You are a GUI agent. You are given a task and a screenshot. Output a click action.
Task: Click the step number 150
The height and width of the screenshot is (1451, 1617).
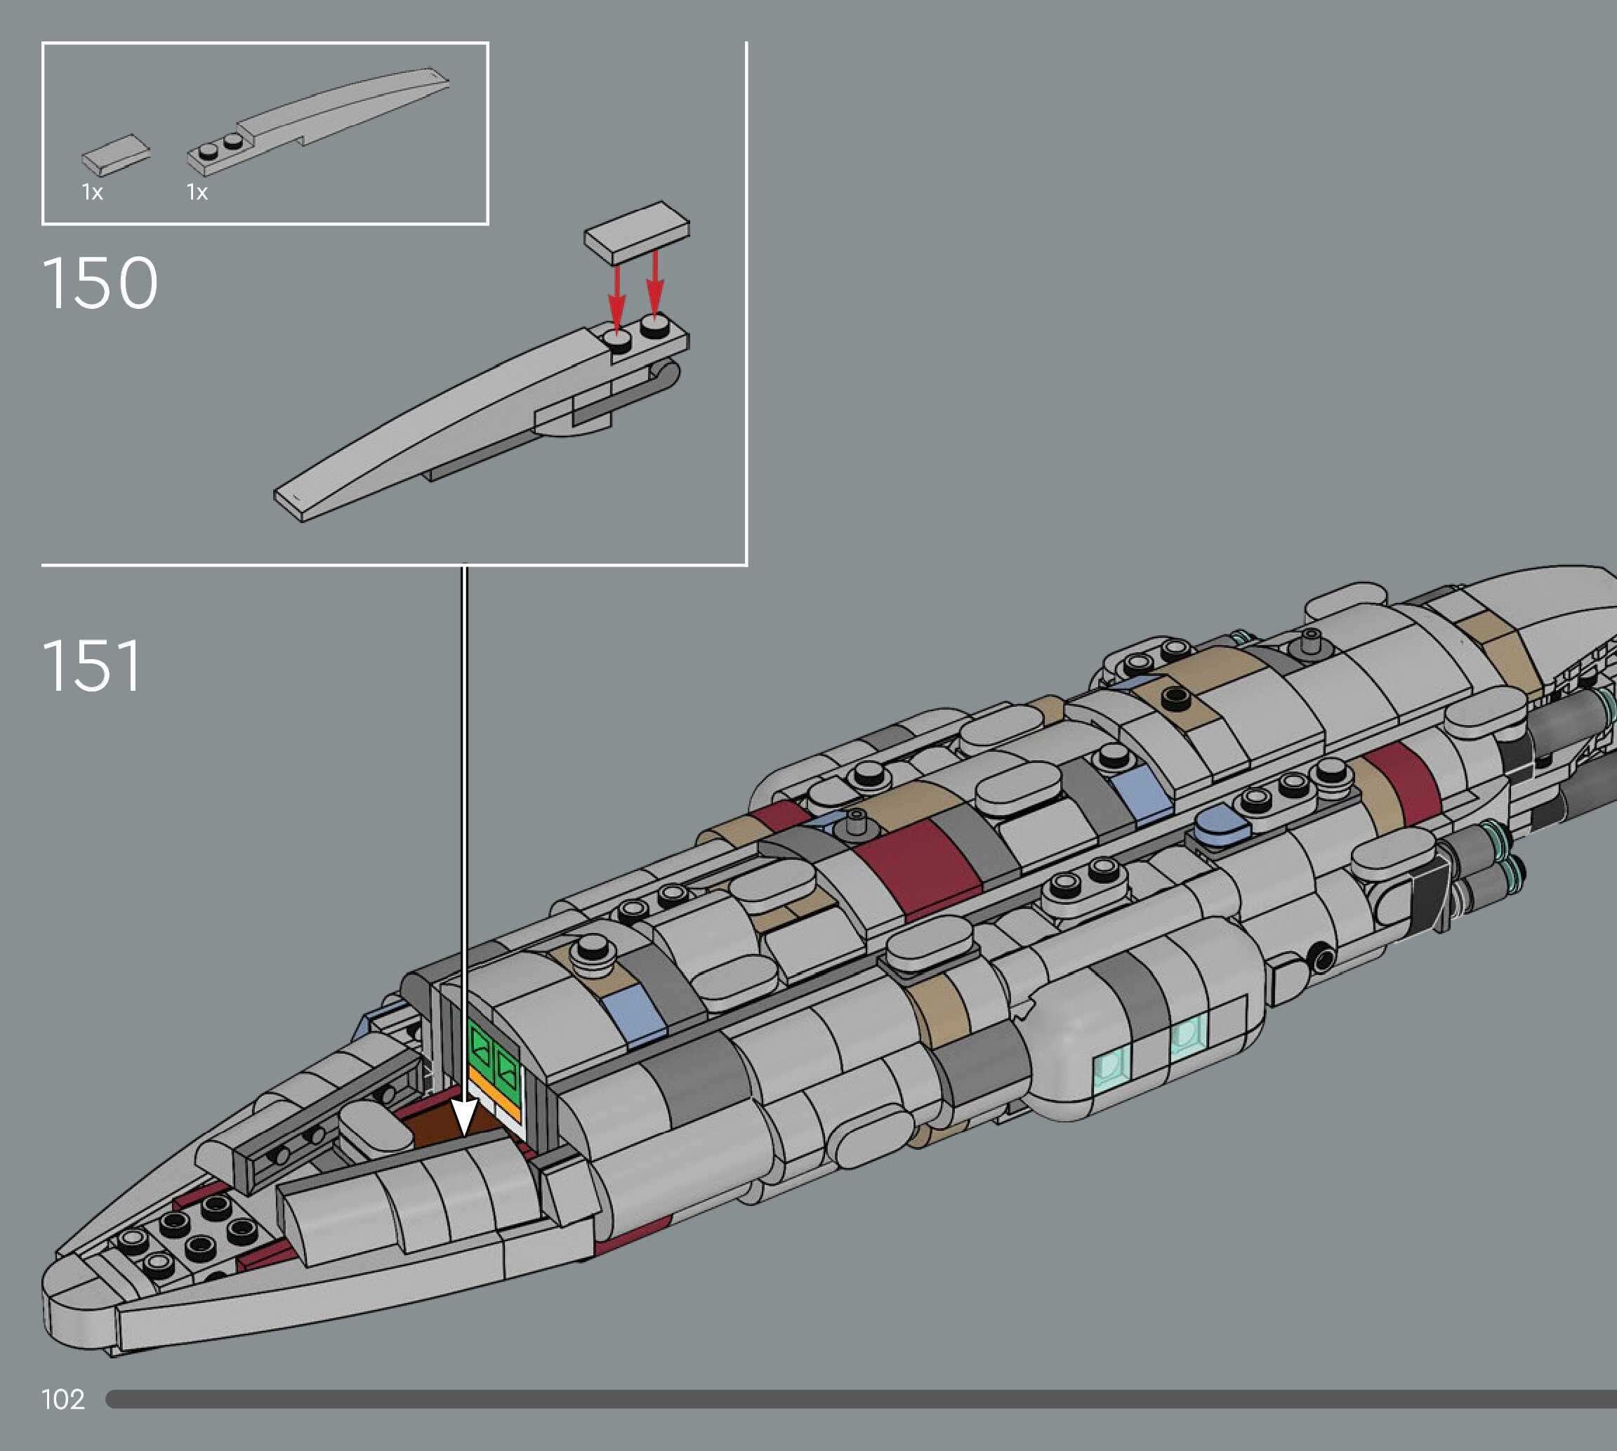tap(100, 283)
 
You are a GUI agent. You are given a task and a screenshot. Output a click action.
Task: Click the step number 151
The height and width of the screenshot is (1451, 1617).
tap(93, 665)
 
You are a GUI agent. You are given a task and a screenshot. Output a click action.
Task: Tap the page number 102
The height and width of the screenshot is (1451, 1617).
tap(63, 1399)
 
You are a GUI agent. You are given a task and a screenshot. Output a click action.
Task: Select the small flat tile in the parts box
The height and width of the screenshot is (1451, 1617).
tap(116, 154)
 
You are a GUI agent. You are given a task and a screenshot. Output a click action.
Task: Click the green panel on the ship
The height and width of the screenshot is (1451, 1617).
tap(494, 1058)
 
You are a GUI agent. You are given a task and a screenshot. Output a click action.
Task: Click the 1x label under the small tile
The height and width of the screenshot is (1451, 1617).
tap(93, 192)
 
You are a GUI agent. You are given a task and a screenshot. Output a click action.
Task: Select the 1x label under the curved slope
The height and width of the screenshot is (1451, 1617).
tap(197, 192)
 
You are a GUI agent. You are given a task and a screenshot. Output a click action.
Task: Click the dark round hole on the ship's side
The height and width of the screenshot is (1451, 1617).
tap(1321, 956)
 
